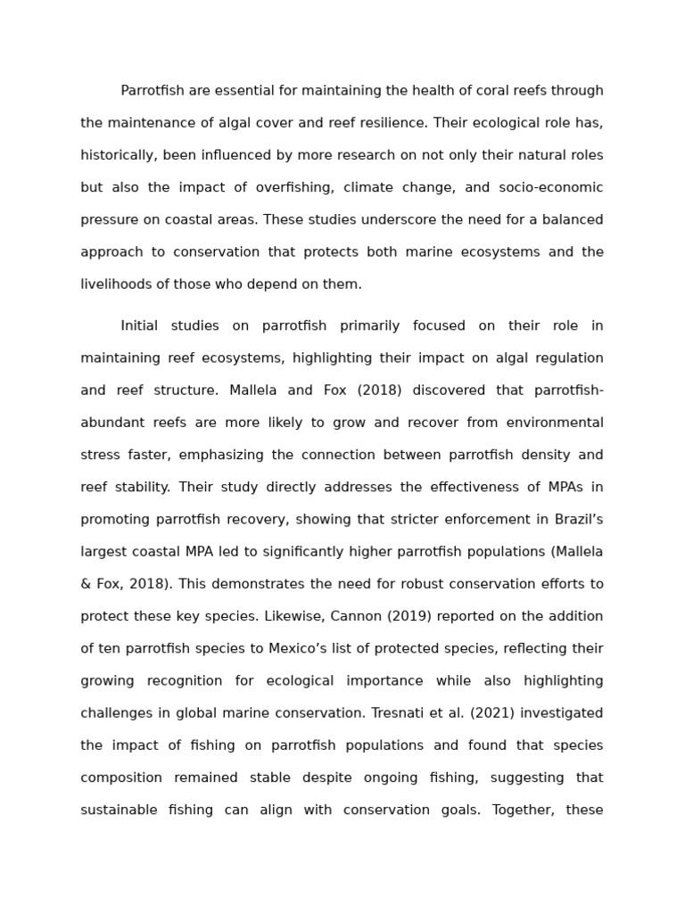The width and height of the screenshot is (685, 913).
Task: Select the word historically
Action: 119,155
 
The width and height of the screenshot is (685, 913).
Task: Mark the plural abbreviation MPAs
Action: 557,488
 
